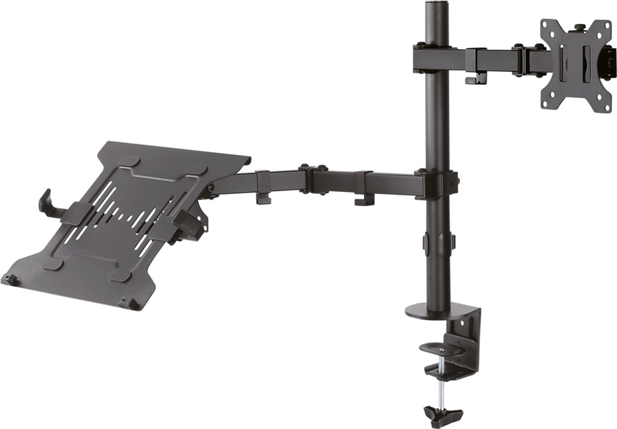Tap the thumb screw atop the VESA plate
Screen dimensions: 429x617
point(579,28)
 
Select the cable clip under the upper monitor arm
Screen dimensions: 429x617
point(472,79)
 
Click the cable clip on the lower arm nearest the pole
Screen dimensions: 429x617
point(364,200)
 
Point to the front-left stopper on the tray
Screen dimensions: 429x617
point(10,280)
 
